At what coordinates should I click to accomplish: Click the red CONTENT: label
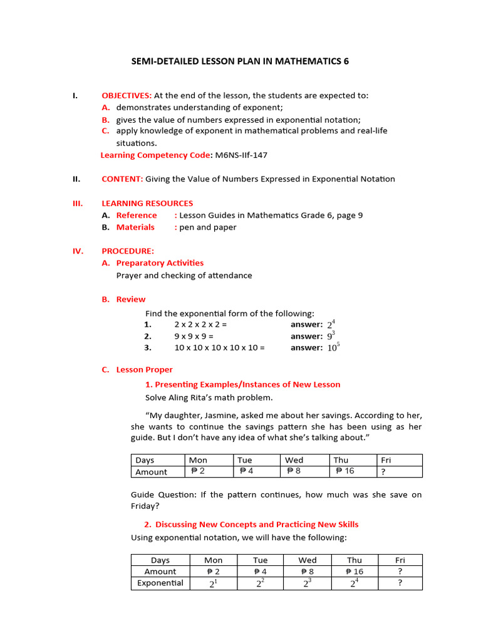coord(122,179)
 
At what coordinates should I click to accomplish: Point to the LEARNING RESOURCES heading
coord(147,203)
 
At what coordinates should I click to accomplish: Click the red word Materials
coord(135,227)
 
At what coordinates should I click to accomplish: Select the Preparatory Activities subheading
coord(160,263)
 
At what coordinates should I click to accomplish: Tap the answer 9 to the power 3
coord(331,336)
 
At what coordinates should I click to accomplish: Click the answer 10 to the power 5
coord(333,347)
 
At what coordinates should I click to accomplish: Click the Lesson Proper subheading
coord(144,370)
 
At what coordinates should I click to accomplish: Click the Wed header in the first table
coord(294,460)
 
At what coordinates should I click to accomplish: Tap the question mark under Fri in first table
coord(383,472)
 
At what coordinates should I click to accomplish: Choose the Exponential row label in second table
coord(160,583)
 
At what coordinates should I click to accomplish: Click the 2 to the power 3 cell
coord(307,583)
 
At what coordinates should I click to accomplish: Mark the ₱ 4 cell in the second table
coord(260,572)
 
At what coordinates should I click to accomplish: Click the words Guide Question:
coord(163,495)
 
